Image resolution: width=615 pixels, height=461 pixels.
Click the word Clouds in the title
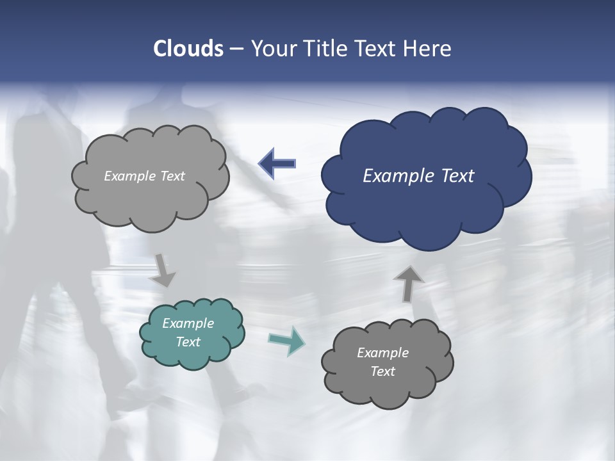[x=188, y=49]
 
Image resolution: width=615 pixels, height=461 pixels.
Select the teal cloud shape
[x=192, y=355]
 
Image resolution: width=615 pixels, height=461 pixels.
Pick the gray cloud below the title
[x=151, y=198]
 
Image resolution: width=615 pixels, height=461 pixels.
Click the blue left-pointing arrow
[x=277, y=164]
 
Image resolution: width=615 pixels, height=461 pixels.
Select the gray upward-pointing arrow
[x=408, y=284]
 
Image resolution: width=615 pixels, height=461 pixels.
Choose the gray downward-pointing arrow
[x=164, y=270]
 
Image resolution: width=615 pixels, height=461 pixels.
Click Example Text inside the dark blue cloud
[x=418, y=176]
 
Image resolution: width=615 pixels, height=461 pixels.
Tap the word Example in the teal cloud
[x=188, y=323]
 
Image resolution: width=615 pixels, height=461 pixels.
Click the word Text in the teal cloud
[x=188, y=342]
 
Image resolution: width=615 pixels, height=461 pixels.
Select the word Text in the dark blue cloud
[x=456, y=176]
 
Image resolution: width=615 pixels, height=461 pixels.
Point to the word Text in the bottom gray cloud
[x=382, y=371]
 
